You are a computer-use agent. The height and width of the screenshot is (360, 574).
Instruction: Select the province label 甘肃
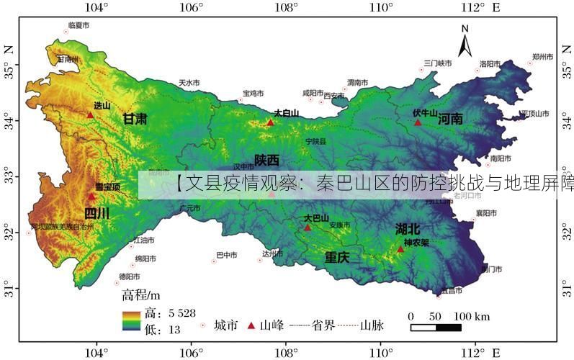coord(135,119)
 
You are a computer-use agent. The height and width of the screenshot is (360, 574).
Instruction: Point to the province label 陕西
coord(266,160)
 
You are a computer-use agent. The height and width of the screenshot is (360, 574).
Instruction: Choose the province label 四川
coord(97,213)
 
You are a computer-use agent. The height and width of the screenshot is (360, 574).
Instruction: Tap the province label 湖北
coord(407,229)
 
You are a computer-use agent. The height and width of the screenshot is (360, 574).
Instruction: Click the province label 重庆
coord(336,257)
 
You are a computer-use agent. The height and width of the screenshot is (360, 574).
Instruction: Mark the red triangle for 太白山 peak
coord(270,122)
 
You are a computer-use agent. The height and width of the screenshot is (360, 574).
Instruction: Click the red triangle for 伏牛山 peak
coord(418,122)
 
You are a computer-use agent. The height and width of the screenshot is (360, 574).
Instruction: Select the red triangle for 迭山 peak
coord(90,114)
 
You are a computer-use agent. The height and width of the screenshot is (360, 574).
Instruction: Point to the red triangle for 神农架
coord(400,249)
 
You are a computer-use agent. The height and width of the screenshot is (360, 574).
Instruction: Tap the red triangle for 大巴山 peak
coord(308,228)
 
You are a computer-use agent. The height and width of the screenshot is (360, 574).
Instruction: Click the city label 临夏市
coord(78,25)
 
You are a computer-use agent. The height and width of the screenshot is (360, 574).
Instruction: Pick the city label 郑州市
coord(542,55)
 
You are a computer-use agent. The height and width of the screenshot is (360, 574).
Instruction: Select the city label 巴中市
coord(227,254)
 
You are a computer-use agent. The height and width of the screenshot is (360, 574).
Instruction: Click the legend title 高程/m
coord(141,295)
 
